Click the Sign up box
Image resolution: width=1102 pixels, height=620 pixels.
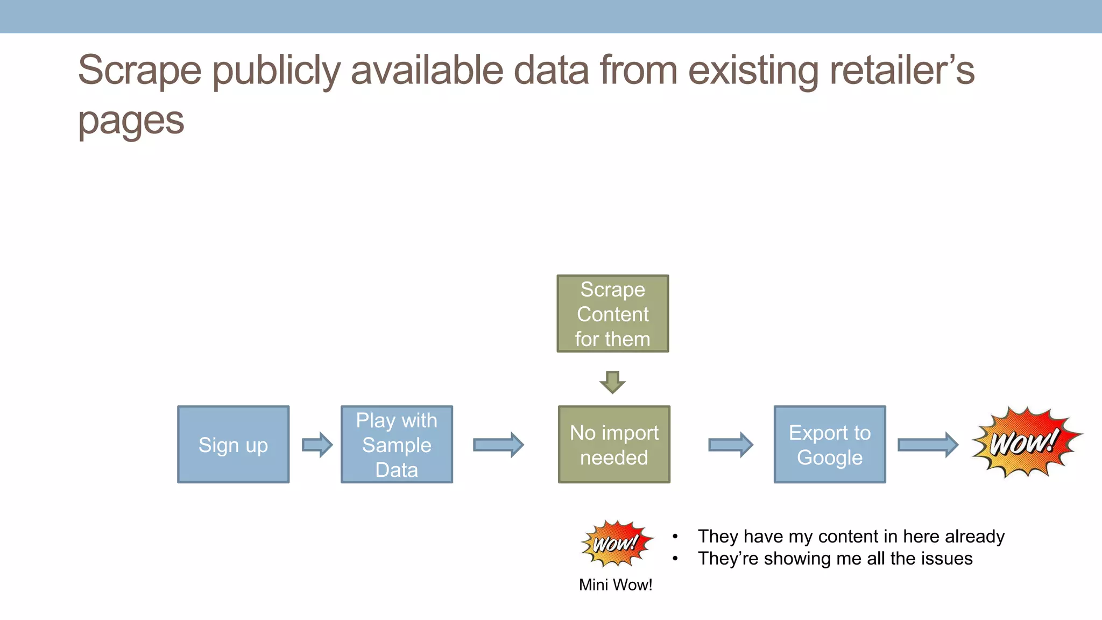point(233,445)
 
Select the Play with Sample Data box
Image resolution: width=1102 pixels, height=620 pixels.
point(397,445)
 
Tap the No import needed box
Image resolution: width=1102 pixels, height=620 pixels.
point(614,445)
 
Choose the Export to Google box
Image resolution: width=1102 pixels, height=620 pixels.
point(830,445)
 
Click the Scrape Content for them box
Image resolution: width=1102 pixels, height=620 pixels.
point(613,314)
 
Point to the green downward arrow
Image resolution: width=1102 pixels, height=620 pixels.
point(612,382)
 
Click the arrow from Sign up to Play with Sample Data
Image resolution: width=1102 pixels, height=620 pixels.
point(317,445)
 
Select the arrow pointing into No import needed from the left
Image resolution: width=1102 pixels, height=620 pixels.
point(498,445)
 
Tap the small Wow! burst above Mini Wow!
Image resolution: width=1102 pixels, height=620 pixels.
point(617,543)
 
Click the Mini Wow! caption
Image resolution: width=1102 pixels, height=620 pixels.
point(616,585)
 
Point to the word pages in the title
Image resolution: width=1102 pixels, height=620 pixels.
point(131,121)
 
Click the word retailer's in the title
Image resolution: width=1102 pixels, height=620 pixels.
point(902,71)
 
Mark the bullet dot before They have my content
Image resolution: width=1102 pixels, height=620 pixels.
point(675,537)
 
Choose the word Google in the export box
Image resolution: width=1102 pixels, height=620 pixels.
point(830,457)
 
